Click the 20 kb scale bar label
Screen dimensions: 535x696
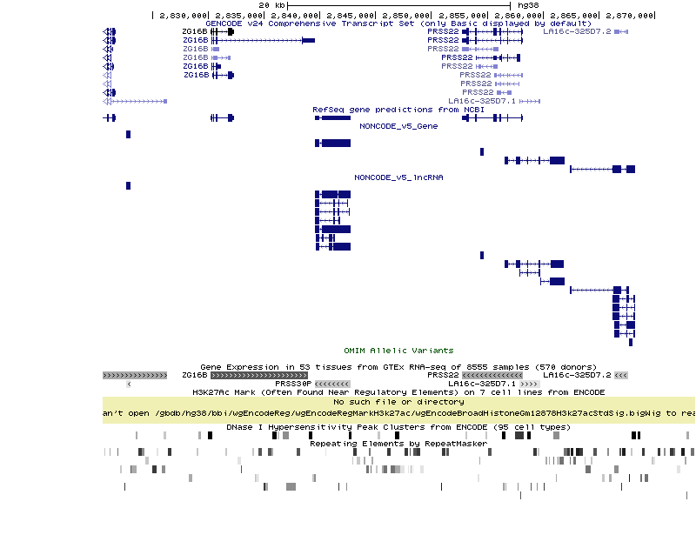tap(272, 5)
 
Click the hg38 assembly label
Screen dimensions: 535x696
tap(528, 5)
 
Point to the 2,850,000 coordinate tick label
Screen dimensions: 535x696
tap(406, 15)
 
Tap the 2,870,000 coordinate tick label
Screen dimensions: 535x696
tap(632, 15)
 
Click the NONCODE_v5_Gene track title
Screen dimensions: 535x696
tap(398, 126)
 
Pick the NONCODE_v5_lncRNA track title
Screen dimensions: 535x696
tap(398, 177)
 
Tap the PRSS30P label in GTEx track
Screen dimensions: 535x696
tap(292, 384)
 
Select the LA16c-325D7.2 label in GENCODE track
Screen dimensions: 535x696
tap(577, 31)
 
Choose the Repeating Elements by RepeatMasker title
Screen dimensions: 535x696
tap(398, 444)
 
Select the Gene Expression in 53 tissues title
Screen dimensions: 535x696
tap(398, 367)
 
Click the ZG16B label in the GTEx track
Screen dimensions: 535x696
tap(195, 375)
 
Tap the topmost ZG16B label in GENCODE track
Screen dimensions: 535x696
tap(195, 31)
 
